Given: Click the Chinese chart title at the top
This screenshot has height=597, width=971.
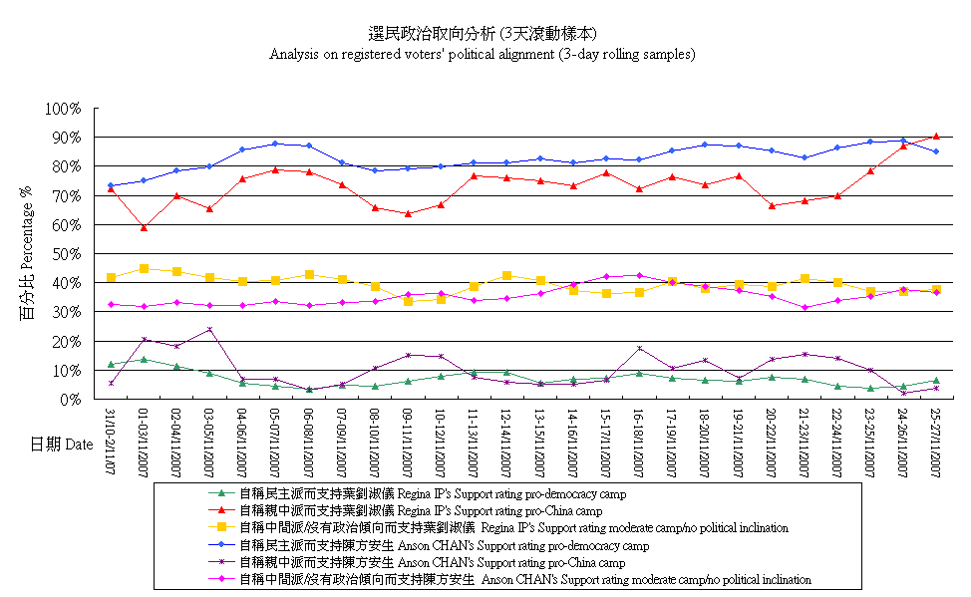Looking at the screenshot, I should pos(484,34).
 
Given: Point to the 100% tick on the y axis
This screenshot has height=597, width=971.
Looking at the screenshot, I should pos(65,108).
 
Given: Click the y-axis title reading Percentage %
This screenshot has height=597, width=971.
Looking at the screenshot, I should pos(27,254).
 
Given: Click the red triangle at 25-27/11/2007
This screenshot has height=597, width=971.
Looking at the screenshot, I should pos(936,136).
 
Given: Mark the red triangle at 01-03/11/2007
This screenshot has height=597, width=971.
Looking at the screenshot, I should pos(144,227).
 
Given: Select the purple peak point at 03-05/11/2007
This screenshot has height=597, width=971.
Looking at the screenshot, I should pos(209,329).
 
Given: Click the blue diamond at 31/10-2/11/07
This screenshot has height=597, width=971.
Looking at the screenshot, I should pos(111,185).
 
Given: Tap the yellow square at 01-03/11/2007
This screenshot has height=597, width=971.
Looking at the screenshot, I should pos(144,268).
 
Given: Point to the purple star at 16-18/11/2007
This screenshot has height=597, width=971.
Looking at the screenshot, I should pos(639,348).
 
